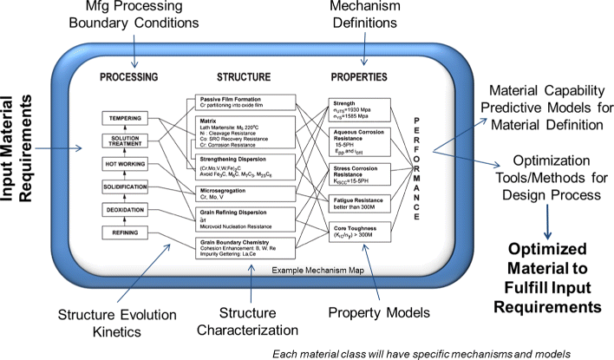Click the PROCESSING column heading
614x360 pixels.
[x=127, y=75]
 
